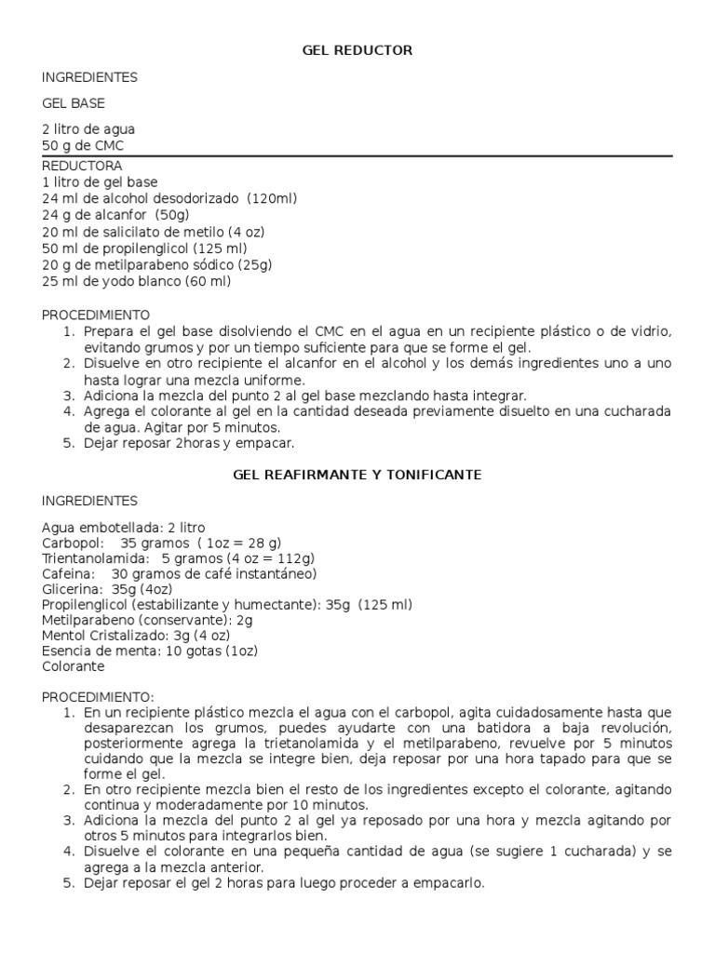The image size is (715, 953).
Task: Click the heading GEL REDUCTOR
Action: pos(357,50)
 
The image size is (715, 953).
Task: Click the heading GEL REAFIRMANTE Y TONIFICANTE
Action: pos(357,475)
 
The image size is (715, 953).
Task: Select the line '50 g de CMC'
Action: pos(83,146)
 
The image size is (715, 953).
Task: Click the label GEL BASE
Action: pos(74,103)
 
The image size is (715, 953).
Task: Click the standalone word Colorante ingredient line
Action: pos(74,666)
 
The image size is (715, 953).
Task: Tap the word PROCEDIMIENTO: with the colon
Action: pos(100,696)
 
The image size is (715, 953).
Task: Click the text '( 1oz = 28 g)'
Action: pos(238,543)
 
